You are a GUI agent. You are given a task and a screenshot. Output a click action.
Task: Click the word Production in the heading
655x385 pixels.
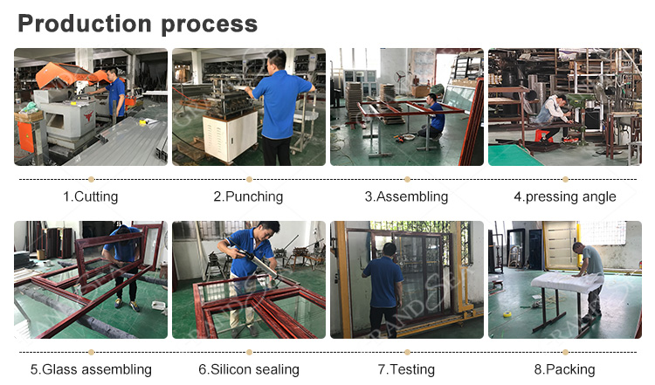(x=85, y=24)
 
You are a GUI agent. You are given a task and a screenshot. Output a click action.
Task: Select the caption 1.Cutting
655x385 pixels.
(x=91, y=196)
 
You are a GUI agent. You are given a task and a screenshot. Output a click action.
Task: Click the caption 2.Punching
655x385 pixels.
(x=249, y=196)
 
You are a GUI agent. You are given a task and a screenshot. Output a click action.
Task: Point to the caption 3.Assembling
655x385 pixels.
(x=406, y=196)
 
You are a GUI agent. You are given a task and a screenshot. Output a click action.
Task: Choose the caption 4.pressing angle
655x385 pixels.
(x=565, y=196)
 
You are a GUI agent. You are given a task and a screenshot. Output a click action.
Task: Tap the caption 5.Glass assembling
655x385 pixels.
(x=91, y=369)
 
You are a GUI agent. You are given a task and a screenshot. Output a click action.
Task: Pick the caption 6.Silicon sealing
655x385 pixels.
(x=249, y=369)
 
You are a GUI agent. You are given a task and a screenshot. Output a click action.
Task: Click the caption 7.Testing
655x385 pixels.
(x=406, y=369)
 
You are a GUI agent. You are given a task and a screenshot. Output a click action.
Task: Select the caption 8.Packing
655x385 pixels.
(x=565, y=369)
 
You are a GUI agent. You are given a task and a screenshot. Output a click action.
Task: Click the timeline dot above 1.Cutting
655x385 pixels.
(x=91, y=180)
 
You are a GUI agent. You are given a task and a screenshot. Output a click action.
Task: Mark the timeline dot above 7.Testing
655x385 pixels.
(x=407, y=353)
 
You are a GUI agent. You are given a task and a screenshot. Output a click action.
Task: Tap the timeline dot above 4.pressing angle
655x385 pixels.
(x=565, y=180)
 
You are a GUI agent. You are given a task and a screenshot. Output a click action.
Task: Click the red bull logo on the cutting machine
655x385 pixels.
(x=88, y=115)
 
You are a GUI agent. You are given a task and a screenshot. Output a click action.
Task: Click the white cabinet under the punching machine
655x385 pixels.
(x=231, y=135)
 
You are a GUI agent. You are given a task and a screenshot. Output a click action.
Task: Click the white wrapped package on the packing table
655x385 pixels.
(x=567, y=282)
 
